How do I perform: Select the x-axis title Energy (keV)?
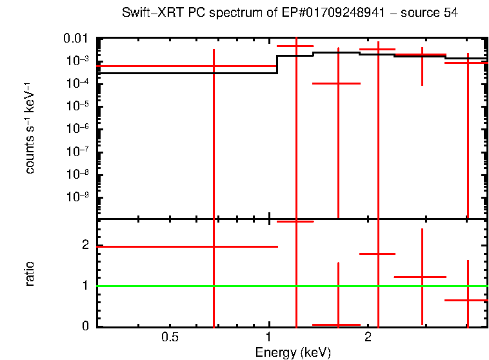pos(293,352)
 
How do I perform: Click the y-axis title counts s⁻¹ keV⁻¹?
pos(30,129)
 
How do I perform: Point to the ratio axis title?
pos(30,274)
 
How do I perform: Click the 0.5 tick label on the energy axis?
pos(170,337)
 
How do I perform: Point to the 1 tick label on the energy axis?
pos(268,337)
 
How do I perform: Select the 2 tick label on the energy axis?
pos(367,337)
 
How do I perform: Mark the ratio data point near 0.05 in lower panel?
pos(337,325)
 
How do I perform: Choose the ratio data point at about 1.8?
pos(378,254)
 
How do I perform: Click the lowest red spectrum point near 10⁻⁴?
pos(337,83)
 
